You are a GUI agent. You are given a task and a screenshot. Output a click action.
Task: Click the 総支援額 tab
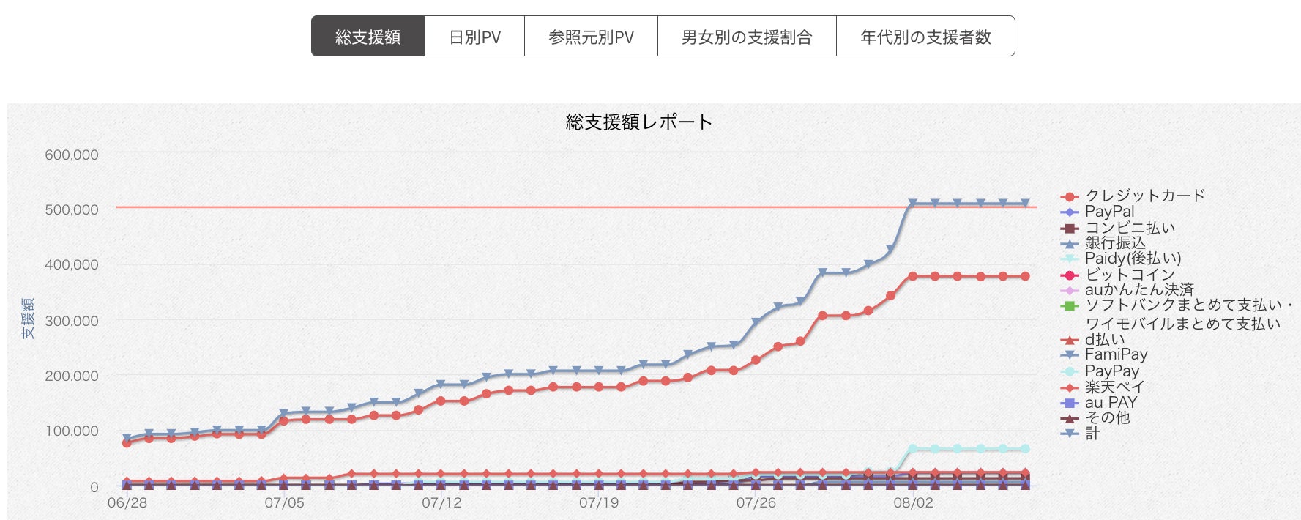coord(368,37)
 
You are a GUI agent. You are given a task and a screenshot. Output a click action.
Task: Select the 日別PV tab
coord(474,37)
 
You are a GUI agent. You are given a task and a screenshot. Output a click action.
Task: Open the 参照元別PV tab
coord(591,37)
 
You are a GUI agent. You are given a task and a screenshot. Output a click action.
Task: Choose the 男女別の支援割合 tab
coord(747,37)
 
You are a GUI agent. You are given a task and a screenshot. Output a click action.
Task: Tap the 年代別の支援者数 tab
coord(925,37)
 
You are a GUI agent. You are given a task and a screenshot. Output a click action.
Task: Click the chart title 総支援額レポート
coord(638,122)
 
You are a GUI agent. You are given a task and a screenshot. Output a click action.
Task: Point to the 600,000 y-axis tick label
coord(72,155)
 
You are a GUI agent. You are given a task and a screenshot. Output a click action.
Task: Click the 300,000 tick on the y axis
coord(72,321)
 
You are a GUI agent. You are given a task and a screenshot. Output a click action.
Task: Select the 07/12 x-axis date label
coord(441,503)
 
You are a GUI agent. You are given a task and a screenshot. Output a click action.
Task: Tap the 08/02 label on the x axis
coord(913,503)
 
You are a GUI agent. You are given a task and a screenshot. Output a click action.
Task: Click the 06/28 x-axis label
coord(127,503)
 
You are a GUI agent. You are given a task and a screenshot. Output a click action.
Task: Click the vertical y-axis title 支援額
coord(28,319)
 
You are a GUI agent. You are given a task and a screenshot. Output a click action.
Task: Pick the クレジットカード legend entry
coord(1144,196)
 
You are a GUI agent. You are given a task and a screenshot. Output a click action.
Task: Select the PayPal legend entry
coord(1109,212)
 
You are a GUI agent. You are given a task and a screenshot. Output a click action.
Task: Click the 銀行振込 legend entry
coord(1114,242)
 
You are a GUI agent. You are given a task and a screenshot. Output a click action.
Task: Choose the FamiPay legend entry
coord(1116,354)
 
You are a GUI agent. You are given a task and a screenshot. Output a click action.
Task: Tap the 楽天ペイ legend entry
coord(1114,387)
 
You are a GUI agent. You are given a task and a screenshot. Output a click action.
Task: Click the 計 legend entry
coord(1092,434)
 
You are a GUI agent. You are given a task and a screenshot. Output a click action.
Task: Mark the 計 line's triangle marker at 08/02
coord(912,204)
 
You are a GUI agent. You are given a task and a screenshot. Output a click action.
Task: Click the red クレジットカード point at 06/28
coord(127,442)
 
